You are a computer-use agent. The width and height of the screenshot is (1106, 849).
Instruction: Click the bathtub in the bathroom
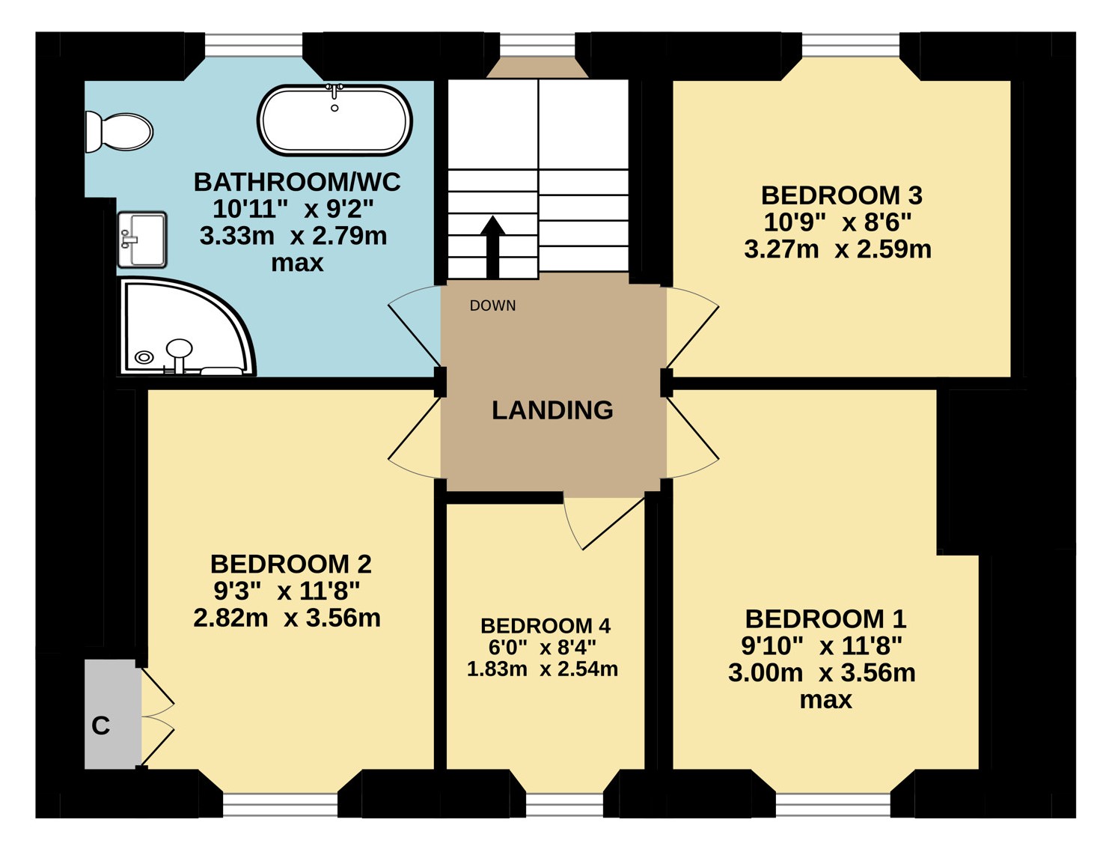click(334, 120)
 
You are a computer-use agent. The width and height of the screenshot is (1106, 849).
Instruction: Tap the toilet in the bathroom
click(118, 133)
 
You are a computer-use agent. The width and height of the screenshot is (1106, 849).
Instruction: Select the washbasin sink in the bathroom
click(142, 240)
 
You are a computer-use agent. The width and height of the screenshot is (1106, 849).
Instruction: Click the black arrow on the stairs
click(492, 247)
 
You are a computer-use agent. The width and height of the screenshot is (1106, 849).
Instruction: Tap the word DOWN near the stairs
click(492, 305)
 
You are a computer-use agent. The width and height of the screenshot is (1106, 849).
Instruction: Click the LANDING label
click(552, 410)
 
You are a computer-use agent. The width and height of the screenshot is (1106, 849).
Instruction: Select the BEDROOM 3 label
click(841, 195)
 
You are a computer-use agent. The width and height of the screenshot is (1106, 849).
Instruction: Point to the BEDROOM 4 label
click(545, 626)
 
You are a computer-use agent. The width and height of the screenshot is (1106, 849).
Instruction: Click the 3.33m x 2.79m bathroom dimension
click(293, 236)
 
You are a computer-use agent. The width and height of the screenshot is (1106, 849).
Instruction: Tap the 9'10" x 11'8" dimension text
click(822, 646)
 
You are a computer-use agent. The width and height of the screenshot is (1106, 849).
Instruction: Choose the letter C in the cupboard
click(101, 725)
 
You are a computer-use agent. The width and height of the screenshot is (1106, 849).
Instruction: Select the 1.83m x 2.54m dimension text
click(543, 669)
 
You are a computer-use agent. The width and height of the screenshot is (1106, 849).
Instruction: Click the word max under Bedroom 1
click(825, 700)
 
